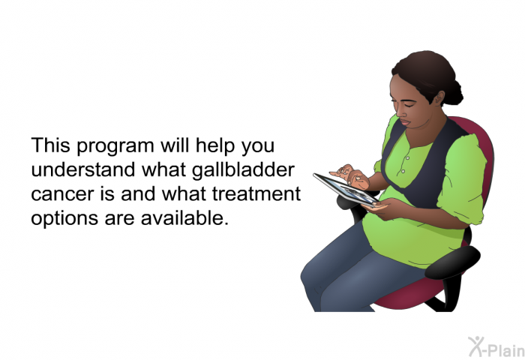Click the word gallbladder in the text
(243, 170)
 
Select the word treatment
(256, 193)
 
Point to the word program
(115, 146)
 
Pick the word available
(184, 217)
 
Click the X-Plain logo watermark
(496, 346)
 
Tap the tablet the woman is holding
(346, 189)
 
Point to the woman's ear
(439, 97)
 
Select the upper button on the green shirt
(407, 158)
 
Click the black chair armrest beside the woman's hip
(453, 262)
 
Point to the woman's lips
(404, 122)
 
